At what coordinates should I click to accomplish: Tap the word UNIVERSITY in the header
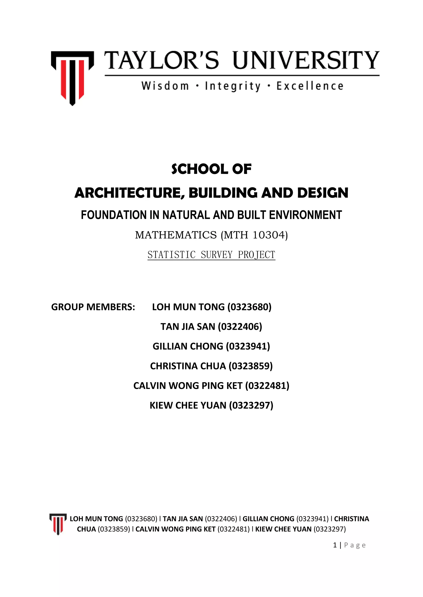[x=306, y=60]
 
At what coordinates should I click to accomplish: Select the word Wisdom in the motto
[x=165, y=86]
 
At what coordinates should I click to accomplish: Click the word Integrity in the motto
[x=233, y=86]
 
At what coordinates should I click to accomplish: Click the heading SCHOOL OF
[x=211, y=169]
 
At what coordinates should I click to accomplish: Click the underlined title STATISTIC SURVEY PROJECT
[x=211, y=255]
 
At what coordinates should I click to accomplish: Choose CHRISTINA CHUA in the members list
[x=188, y=366]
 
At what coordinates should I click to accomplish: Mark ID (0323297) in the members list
[x=251, y=405]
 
